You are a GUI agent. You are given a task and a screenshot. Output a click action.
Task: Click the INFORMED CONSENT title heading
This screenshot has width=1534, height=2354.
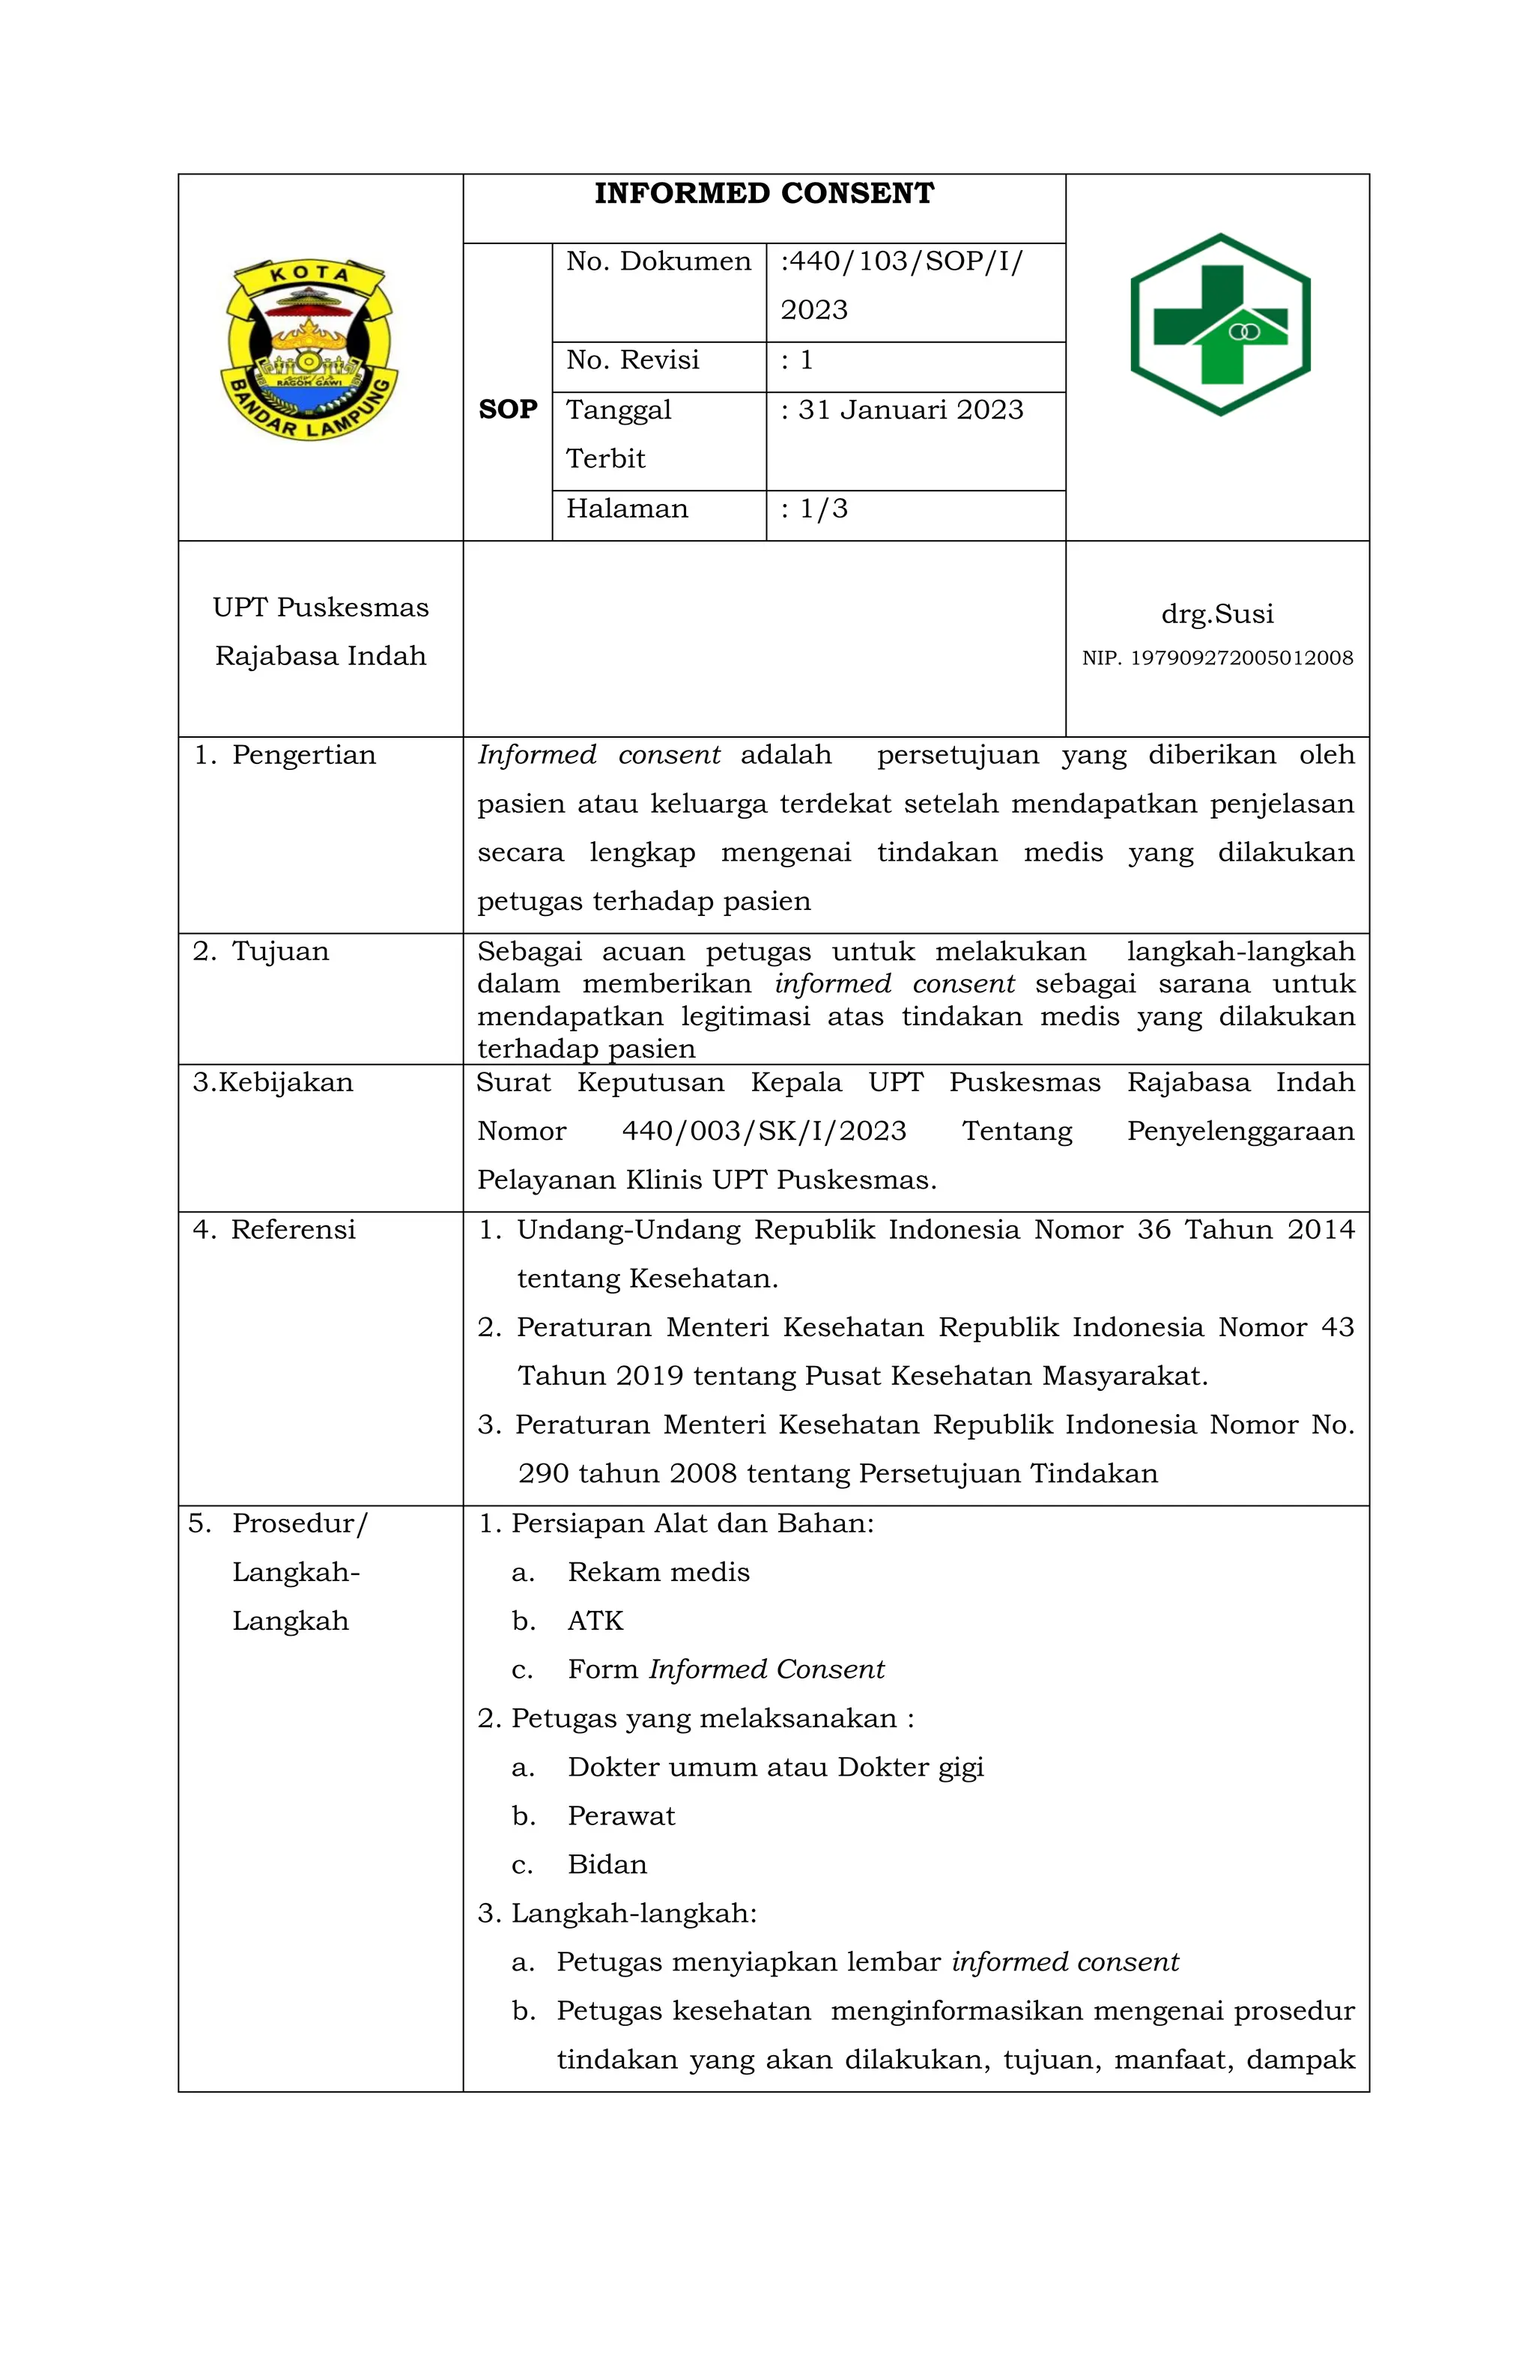[x=763, y=193]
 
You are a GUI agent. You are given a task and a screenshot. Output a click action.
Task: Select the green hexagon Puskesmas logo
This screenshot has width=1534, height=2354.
[x=1219, y=324]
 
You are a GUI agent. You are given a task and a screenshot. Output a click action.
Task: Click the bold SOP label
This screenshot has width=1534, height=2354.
[x=507, y=410]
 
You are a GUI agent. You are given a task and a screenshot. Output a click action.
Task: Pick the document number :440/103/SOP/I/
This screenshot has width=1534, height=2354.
[x=901, y=261]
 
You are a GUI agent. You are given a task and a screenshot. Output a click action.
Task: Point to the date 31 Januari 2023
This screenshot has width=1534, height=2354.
[x=910, y=410]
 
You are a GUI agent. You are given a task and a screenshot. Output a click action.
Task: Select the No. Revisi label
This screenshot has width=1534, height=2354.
[x=632, y=360]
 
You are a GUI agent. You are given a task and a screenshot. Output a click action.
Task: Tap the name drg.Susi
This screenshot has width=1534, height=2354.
[x=1216, y=613]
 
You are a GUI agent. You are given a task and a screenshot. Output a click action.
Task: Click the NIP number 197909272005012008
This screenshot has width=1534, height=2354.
[x=1240, y=658]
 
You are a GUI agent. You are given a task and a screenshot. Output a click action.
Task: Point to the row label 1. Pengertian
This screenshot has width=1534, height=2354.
[x=285, y=755]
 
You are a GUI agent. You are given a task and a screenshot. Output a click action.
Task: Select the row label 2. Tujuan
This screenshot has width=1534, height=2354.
[x=261, y=951]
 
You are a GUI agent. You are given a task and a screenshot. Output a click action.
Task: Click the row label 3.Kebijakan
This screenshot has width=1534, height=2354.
[x=273, y=1082]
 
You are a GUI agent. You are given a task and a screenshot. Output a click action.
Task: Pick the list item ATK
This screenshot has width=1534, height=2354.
[x=595, y=1620]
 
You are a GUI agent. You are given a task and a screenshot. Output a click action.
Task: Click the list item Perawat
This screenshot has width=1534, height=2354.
[x=621, y=1816]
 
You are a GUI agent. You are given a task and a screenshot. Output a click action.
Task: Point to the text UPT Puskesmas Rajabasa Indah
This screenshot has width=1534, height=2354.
[x=321, y=631]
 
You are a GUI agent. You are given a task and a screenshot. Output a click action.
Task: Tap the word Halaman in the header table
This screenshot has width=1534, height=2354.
[x=626, y=509]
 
